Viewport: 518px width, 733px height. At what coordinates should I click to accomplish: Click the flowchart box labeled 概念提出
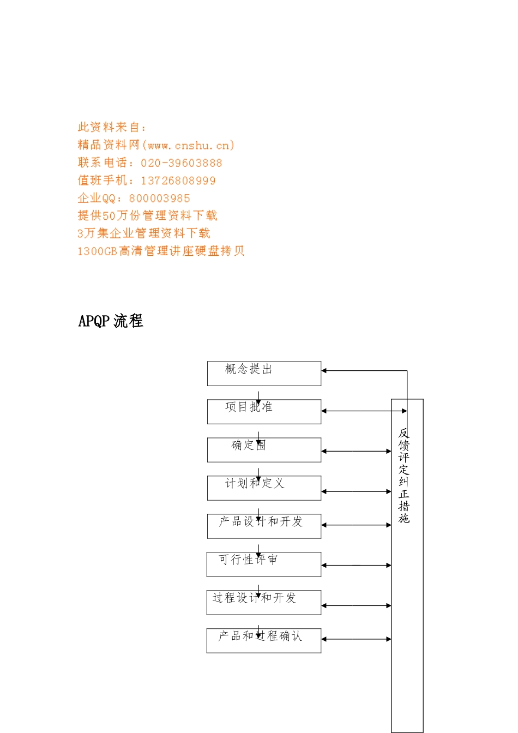tap(264, 374)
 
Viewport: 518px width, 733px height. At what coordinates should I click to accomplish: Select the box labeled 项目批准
tap(264, 412)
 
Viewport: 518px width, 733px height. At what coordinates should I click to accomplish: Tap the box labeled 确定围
tap(264, 450)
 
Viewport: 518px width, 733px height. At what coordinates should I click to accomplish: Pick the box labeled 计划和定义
tap(264, 488)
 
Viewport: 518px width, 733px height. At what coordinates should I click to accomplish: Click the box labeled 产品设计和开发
tap(264, 526)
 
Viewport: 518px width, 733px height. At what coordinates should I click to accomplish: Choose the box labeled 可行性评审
tap(264, 564)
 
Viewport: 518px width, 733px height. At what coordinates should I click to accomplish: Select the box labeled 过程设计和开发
tap(264, 603)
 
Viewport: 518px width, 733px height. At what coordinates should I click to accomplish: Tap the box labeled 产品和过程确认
tap(264, 641)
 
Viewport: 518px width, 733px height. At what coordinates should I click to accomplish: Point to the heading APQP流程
tap(111, 321)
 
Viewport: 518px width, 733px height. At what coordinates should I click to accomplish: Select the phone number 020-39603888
tap(182, 163)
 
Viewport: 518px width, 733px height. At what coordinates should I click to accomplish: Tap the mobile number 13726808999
tap(178, 181)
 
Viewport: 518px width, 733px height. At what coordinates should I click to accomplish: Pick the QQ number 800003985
tap(160, 199)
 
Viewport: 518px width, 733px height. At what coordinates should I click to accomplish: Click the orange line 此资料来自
tap(112, 128)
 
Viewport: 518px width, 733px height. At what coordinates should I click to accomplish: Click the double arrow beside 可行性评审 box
tap(356, 566)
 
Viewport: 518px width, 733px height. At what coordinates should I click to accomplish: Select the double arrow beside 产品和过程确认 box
tap(356, 639)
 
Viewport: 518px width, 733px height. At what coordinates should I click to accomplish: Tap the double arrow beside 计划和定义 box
tap(356, 491)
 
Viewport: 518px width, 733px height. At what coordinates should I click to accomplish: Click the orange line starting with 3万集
tap(143, 233)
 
